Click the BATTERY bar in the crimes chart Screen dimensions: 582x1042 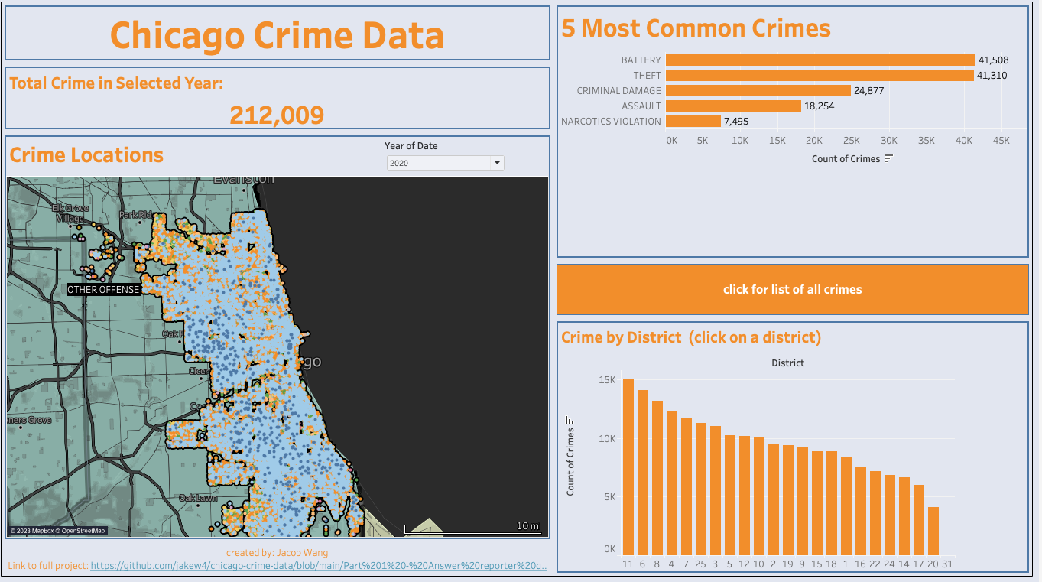pyautogui.click(x=820, y=60)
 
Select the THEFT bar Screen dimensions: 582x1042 pyautogui.click(x=819, y=75)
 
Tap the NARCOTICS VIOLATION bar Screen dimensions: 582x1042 pyautogui.click(x=693, y=121)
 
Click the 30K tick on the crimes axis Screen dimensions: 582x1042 pyautogui.click(x=888, y=141)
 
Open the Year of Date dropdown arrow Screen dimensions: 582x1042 pyautogui.click(x=497, y=163)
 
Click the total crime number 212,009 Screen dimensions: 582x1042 pyautogui.click(x=277, y=115)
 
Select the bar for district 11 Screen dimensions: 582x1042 pyautogui.click(x=628, y=467)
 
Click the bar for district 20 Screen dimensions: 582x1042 pyautogui.click(x=933, y=531)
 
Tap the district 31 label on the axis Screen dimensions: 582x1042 pyautogui.click(x=948, y=564)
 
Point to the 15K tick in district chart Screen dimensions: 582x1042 pyautogui.click(x=607, y=379)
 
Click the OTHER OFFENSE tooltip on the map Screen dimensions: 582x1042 pyautogui.click(x=103, y=290)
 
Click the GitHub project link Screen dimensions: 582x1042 pyautogui.click(x=318, y=566)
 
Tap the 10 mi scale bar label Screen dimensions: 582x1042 pyautogui.click(x=528, y=526)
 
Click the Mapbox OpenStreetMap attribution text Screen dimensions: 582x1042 pyautogui.click(x=57, y=531)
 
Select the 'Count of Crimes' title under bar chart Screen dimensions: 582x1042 pyautogui.click(x=845, y=159)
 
